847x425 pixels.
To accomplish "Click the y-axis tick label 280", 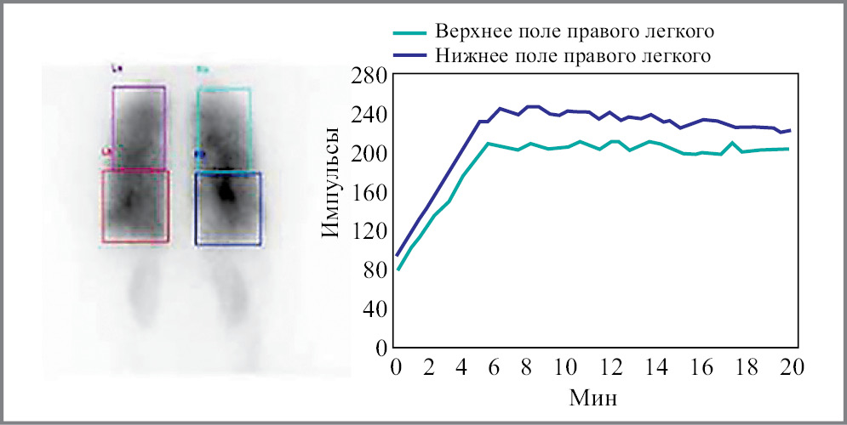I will tap(370, 76).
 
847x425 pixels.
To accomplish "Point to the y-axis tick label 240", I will tap(370, 115).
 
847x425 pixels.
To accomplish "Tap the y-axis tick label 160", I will tap(370, 192).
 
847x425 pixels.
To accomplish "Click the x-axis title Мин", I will tap(593, 397).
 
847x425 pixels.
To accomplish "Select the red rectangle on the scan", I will tap(103, 208).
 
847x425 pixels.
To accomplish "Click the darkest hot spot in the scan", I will tap(226, 191).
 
